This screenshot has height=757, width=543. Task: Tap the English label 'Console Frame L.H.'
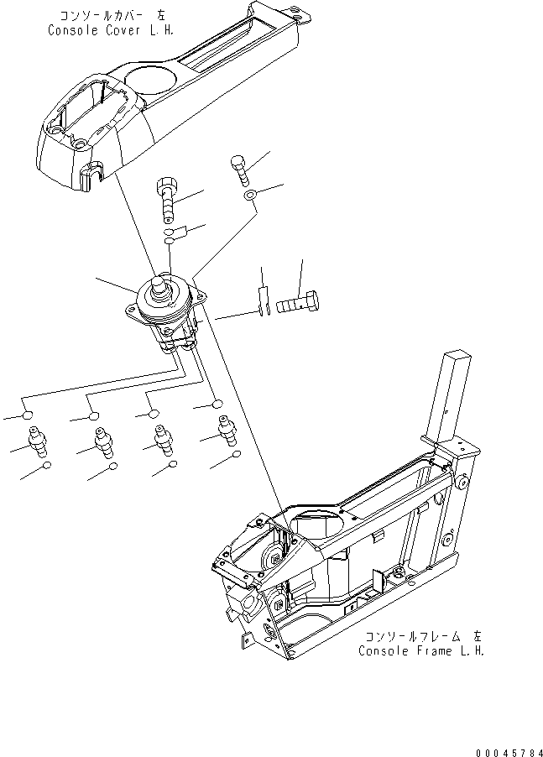click(422, 650)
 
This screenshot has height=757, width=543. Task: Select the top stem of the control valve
click(162, 289)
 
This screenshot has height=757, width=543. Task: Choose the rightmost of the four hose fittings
click(225, 432)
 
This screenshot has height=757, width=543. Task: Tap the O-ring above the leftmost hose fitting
click(29, 415)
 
